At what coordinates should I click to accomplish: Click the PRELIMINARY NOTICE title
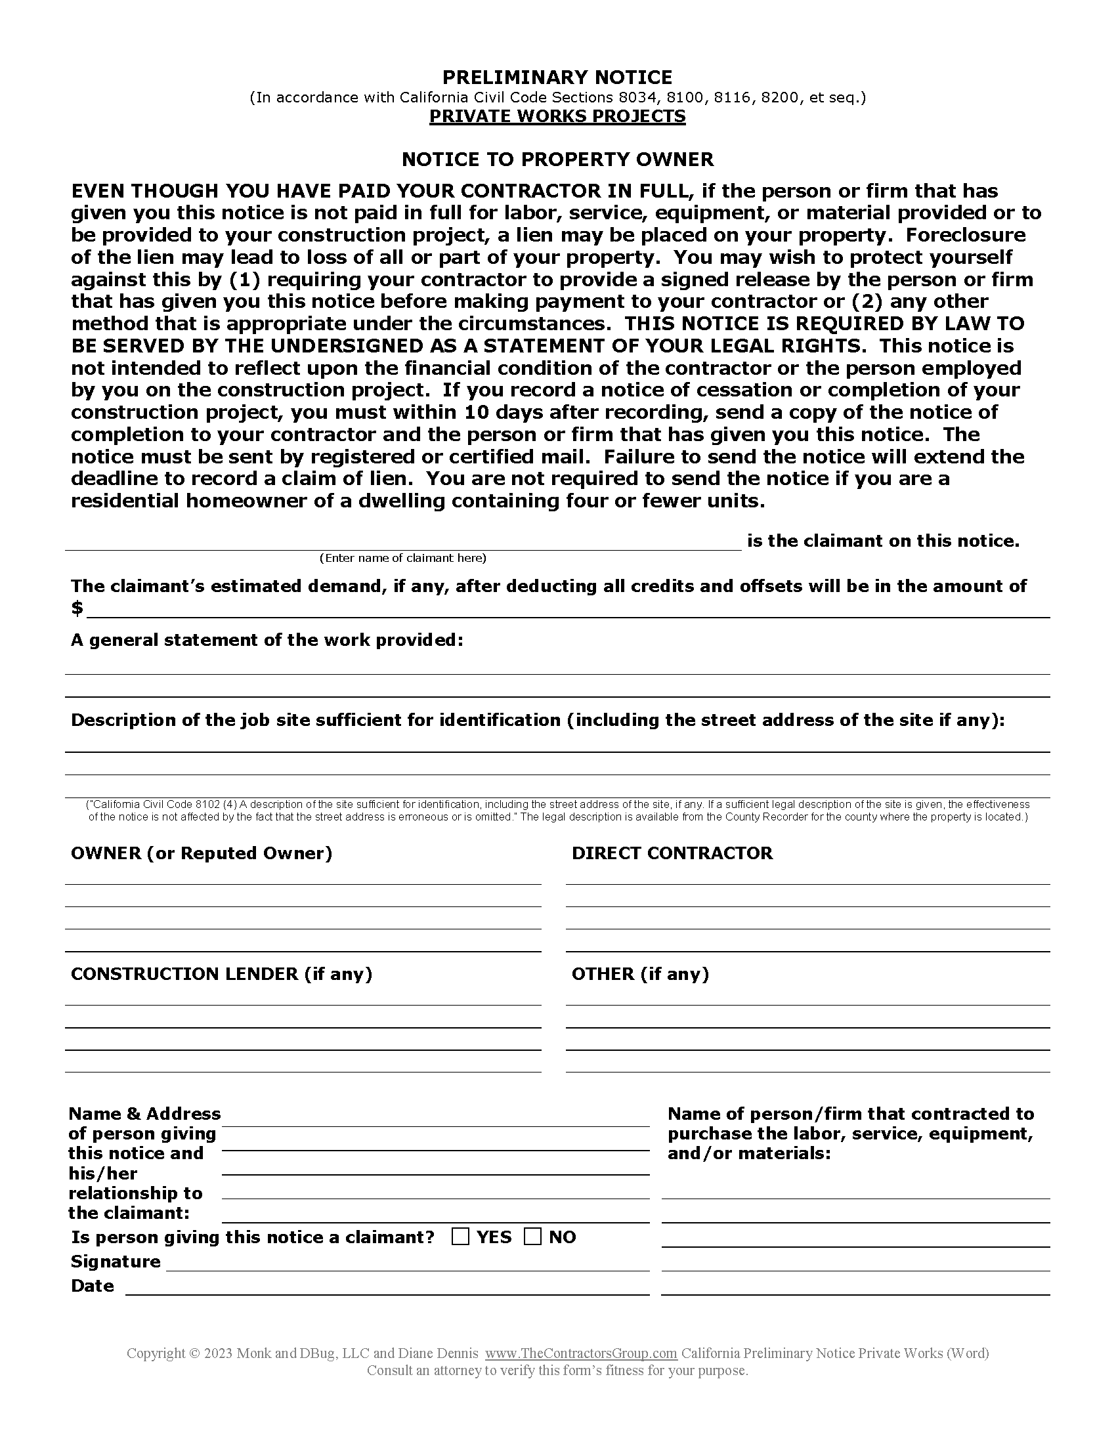click(557, 78)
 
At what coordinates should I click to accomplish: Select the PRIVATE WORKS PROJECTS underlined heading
click(557, 116)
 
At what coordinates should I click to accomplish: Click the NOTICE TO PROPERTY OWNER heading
click(557, 160)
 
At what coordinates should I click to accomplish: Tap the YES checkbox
click(460, 1237)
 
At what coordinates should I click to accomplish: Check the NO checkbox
click(532, 1237)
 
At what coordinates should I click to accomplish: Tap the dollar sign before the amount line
click(77, 608)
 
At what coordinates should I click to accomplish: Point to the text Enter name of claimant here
click(402, 558)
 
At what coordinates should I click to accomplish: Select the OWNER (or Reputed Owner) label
click(202, 853)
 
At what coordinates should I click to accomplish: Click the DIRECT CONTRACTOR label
click(672, 853)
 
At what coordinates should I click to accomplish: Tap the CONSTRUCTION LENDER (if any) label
click(221, 974)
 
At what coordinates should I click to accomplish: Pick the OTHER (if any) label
click(640, 974)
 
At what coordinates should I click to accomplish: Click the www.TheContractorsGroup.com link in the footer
click(581, 1353)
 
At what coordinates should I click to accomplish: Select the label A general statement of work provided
click(267, 641)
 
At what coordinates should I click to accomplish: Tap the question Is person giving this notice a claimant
click(253, 1237)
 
